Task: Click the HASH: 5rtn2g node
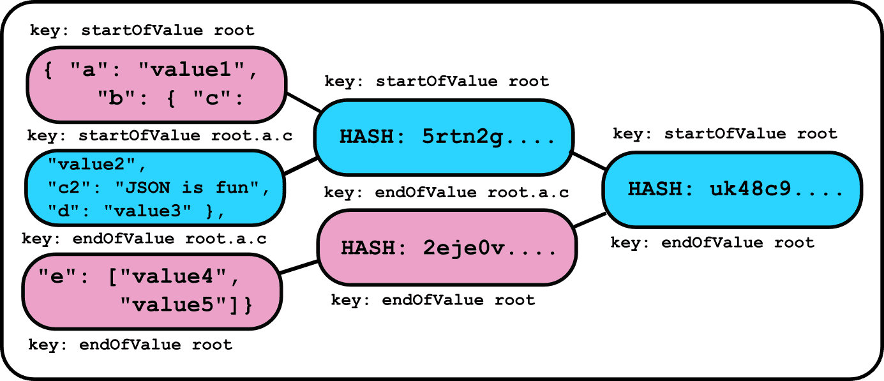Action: click(x=444, y=137)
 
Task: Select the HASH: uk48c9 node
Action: click(x=733, y=190)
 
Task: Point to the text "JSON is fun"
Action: click(x=186, y=188)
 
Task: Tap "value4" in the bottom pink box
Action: click(x=173, y=276)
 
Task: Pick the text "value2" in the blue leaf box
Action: click(x=92, y=164)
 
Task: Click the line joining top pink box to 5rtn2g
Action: click(x=303, y=103)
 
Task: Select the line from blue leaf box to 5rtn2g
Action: click(x=301, y=166)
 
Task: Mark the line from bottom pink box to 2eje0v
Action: click(x=299, y=267)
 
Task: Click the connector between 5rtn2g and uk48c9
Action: click(x=589, y=161)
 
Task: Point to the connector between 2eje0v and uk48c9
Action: click(x=590, y=220)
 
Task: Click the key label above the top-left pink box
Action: click(x=142, y=31)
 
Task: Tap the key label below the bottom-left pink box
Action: click(x=130, y=345)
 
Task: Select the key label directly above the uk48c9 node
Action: click(x=725, y=134)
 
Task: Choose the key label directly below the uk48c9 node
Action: click(x=712, y=243)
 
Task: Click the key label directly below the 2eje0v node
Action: click(x=433, y=300)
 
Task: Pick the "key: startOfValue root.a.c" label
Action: click(x=160, y=136)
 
